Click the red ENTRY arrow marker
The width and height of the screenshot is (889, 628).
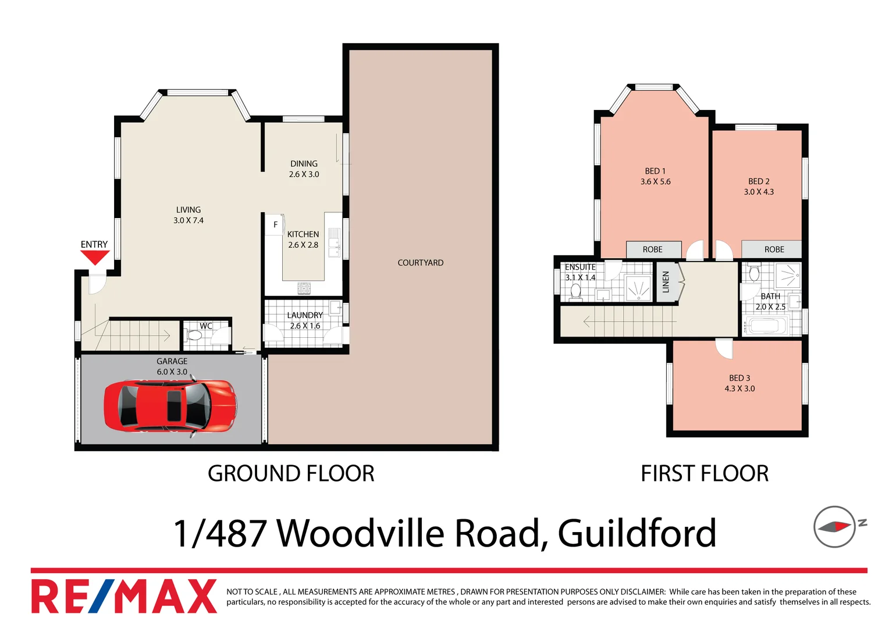pos(94,257)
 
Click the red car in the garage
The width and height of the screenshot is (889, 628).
pos(170,405)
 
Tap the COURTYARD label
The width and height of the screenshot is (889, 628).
pos(420,263)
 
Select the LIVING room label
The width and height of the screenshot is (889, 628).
pos(188,210)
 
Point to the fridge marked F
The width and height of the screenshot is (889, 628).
pos(275,224)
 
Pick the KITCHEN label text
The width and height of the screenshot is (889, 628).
pos(303,234)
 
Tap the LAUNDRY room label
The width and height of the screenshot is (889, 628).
pos(304,315)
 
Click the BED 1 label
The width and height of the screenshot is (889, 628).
pos(655,171)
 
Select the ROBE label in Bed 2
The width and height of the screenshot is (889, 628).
pos(774,249)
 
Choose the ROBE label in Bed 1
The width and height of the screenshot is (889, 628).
pos(652,249)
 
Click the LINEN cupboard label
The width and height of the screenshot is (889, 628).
pos(666,282)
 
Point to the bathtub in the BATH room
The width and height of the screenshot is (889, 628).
pos(767,326)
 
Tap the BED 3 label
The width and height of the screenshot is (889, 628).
pos(739,378)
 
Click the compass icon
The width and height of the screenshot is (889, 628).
pos(835,527)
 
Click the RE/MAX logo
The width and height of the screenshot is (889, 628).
pos(124,596)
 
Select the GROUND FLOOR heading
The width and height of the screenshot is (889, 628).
pos(291,473)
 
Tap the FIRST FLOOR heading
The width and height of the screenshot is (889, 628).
pos(705,473)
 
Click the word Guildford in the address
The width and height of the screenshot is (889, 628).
pos(636,533)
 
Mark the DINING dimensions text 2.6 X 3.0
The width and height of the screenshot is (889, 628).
pos(304,174)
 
